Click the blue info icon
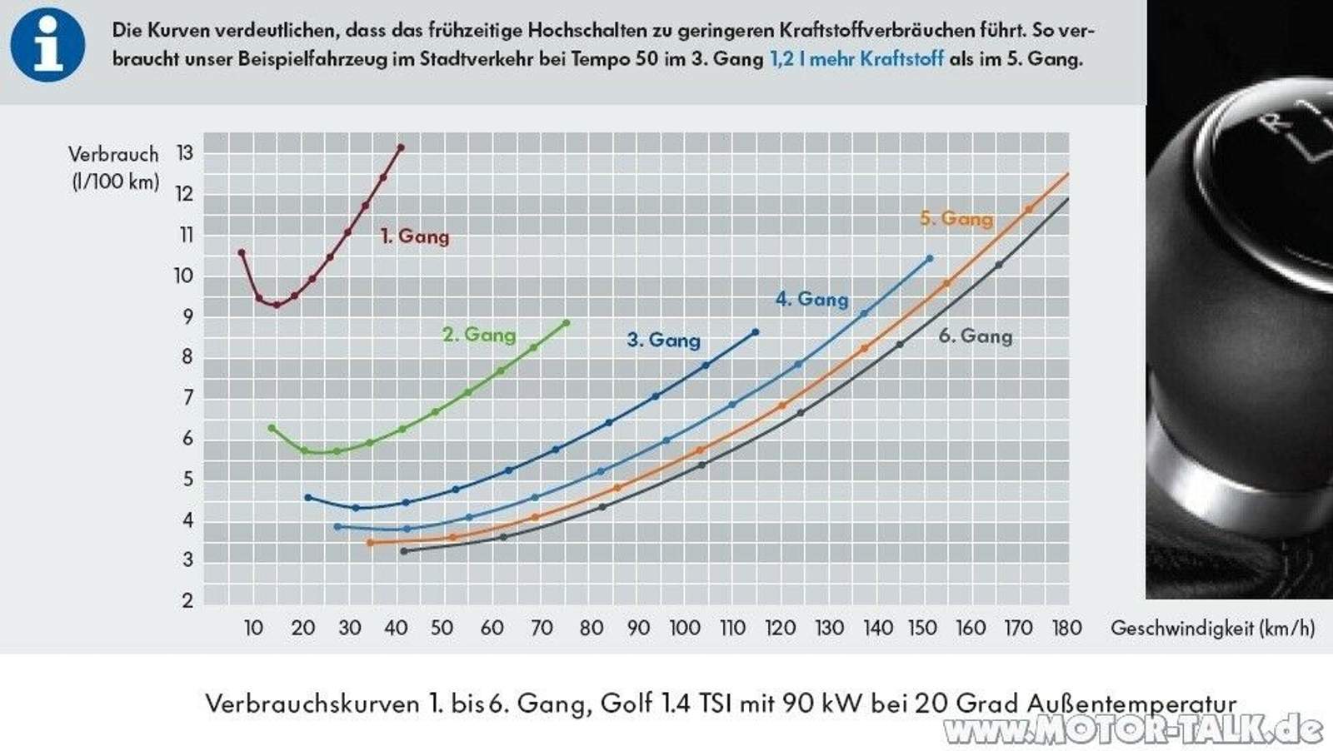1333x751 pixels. (47, 44)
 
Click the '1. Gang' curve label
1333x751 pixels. (415, 236)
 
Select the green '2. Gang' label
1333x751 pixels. (479, 335)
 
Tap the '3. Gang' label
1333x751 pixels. (664, 340)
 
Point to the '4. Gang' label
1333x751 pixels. (812, 299)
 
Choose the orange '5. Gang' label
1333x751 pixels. (956, 219)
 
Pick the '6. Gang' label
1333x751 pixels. (976, 336)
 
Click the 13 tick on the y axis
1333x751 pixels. (184, 153)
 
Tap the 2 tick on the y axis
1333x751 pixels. (187, 600)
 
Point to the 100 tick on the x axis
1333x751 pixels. (685, 629)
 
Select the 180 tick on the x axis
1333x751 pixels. (1066, 629)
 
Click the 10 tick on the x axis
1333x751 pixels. (253, 629)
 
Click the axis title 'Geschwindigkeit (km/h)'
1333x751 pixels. (1212, 629)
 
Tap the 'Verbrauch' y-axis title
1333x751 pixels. (113, 155)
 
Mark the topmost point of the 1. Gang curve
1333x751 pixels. (401, 148)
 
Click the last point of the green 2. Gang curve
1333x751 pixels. (567, 323)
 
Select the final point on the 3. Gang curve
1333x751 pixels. (756, 332)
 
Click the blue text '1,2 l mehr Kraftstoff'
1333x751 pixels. (856, 59)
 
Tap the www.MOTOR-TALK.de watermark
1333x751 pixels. (1133, 730)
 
